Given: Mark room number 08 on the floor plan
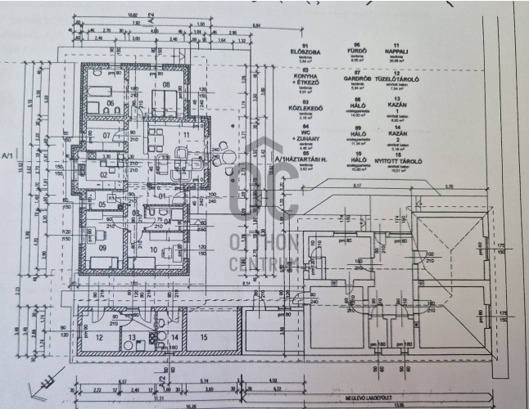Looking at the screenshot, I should click(x=166, y=85).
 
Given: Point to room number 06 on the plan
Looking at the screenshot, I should click(x=110, y=105).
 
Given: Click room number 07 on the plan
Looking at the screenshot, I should click(x=106, y=135).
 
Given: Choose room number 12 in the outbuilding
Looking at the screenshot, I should click(x=99, y=336).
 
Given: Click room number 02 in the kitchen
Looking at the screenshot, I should click(x=103, y=174).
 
